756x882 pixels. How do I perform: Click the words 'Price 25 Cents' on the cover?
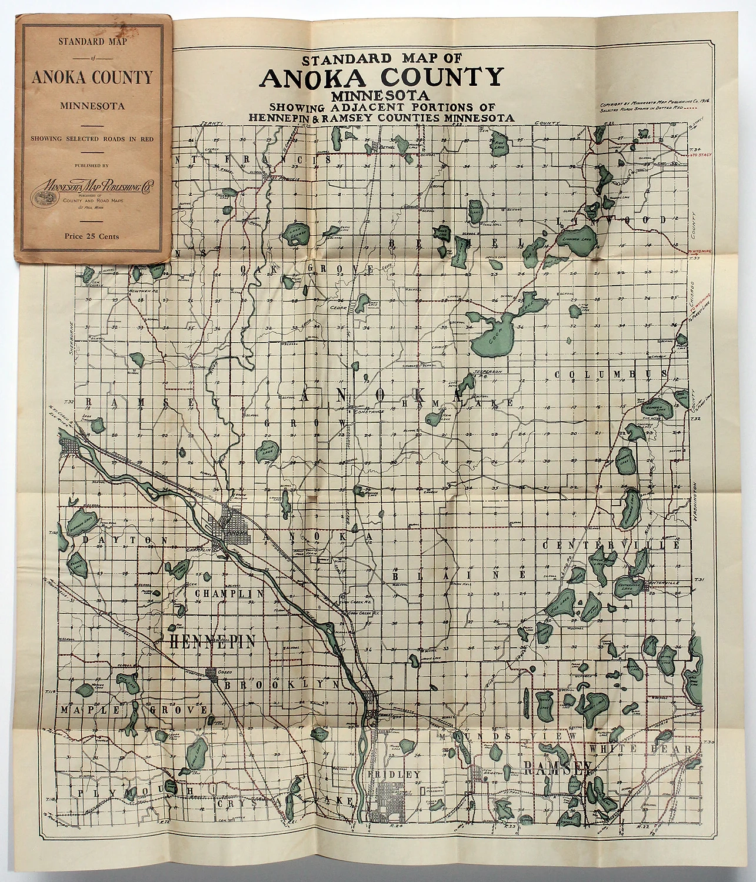tap(92, 236)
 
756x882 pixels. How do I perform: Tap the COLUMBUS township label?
tap(611, 374)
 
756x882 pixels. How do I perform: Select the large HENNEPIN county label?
tap(212, 642)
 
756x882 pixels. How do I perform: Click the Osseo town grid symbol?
tap(213, 674)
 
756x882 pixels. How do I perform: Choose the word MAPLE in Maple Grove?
tap(88, 710)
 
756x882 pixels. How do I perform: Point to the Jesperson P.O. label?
tap(488, 373)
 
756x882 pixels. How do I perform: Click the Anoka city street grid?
tap(231, 528)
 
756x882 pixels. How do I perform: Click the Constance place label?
tap(368, 411)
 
